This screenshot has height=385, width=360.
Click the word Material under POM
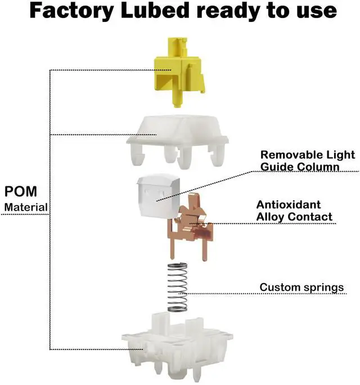coord(26,207)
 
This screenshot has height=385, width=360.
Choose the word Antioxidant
coord(289,205)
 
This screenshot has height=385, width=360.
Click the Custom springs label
coord(301,288)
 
